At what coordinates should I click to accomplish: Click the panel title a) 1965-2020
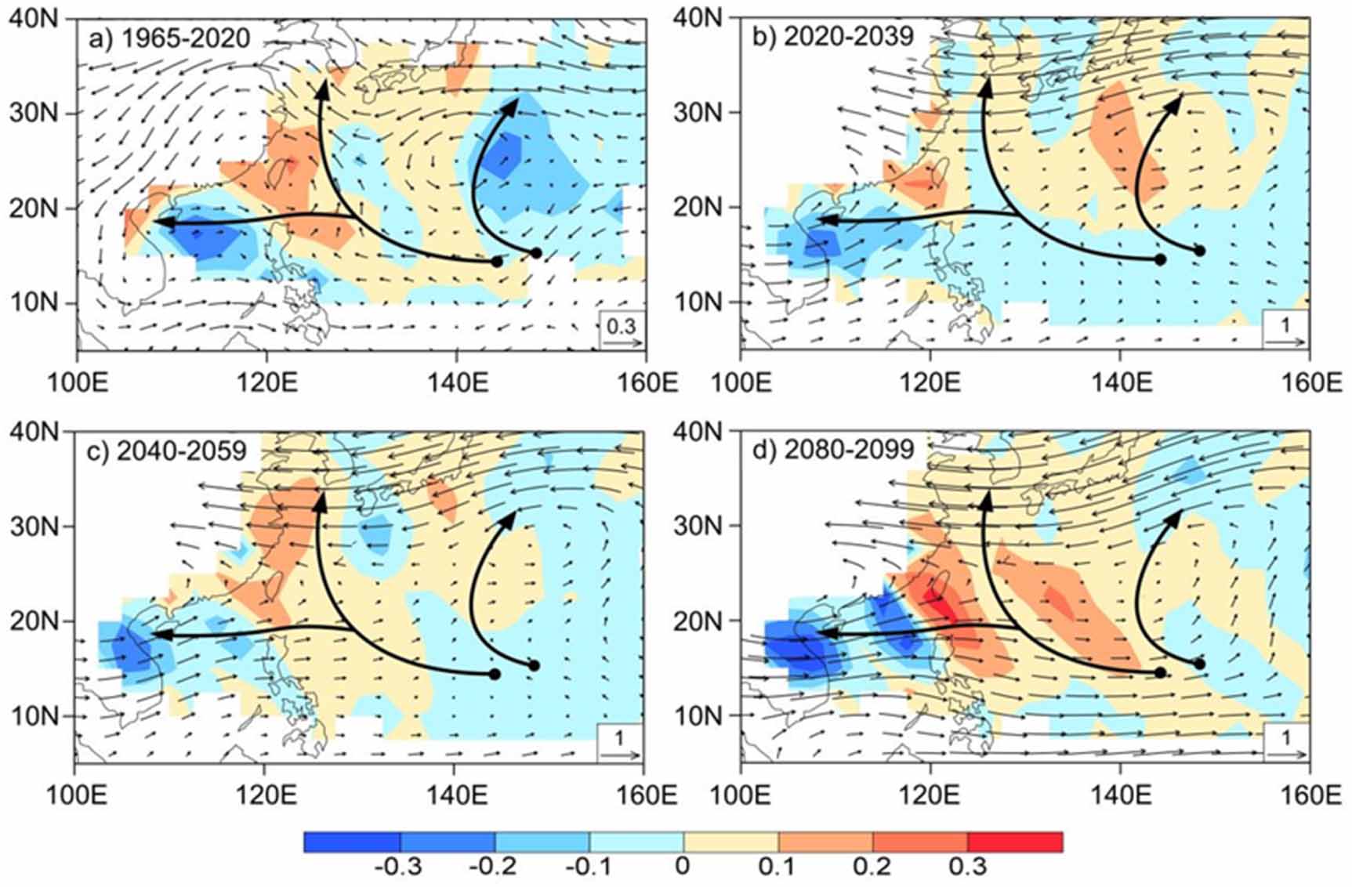pos(169,38)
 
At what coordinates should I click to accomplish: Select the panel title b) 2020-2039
pos(832,36)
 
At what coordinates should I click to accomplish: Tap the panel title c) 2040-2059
pos(170,451)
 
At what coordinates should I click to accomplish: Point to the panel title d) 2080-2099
pos(832,449)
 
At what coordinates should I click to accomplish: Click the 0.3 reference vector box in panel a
pos(622,329)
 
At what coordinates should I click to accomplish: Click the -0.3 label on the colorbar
pos(400,867)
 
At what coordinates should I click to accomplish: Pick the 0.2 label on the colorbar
pos(872,867)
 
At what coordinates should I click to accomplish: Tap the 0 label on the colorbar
pos(683,867)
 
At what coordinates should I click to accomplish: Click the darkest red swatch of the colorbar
pos(1015,842)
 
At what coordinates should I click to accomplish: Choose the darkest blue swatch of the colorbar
pos(352,842)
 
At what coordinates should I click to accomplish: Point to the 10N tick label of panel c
pos(34,716)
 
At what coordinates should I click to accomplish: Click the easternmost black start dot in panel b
pos(1199,251)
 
